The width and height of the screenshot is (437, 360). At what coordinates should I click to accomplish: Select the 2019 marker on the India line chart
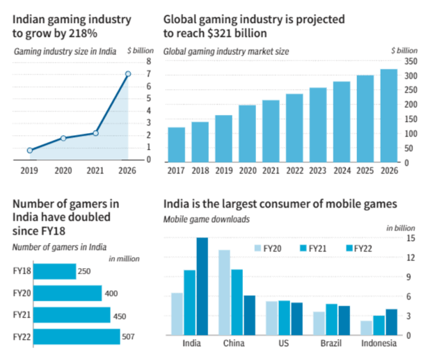30,150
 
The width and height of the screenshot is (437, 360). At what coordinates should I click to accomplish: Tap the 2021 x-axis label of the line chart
95,169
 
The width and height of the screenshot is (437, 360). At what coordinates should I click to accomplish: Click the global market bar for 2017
177,144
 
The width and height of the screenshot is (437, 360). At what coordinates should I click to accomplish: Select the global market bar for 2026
388,116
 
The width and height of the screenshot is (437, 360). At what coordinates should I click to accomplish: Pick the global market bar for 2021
271,131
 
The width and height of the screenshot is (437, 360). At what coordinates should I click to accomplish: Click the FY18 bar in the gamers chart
54,271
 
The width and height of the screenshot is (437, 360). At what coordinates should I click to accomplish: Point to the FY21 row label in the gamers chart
21,315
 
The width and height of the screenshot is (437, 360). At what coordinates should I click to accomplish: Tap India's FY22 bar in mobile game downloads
202,286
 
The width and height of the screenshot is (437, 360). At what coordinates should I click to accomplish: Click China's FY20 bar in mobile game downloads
224,292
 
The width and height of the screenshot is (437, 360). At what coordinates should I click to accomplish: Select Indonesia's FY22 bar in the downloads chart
391,322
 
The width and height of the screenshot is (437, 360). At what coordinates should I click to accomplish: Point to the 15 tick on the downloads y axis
411,238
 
